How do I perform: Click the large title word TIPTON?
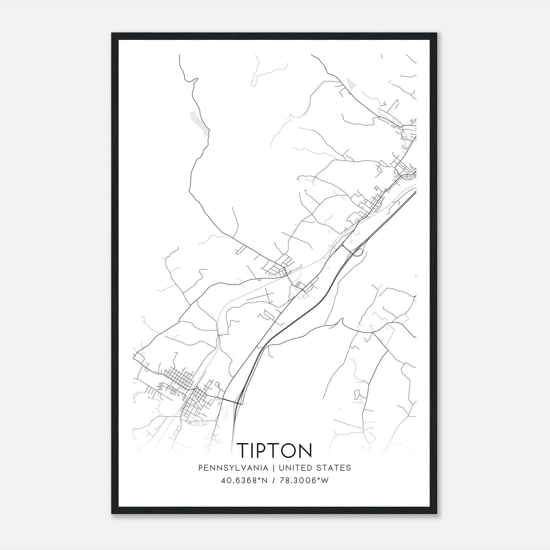coord(275,450)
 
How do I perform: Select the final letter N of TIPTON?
coord(306,450)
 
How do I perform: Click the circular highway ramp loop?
coord(357,253)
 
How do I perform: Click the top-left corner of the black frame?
coord(112,34)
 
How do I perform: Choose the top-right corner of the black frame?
coord(437,34)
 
